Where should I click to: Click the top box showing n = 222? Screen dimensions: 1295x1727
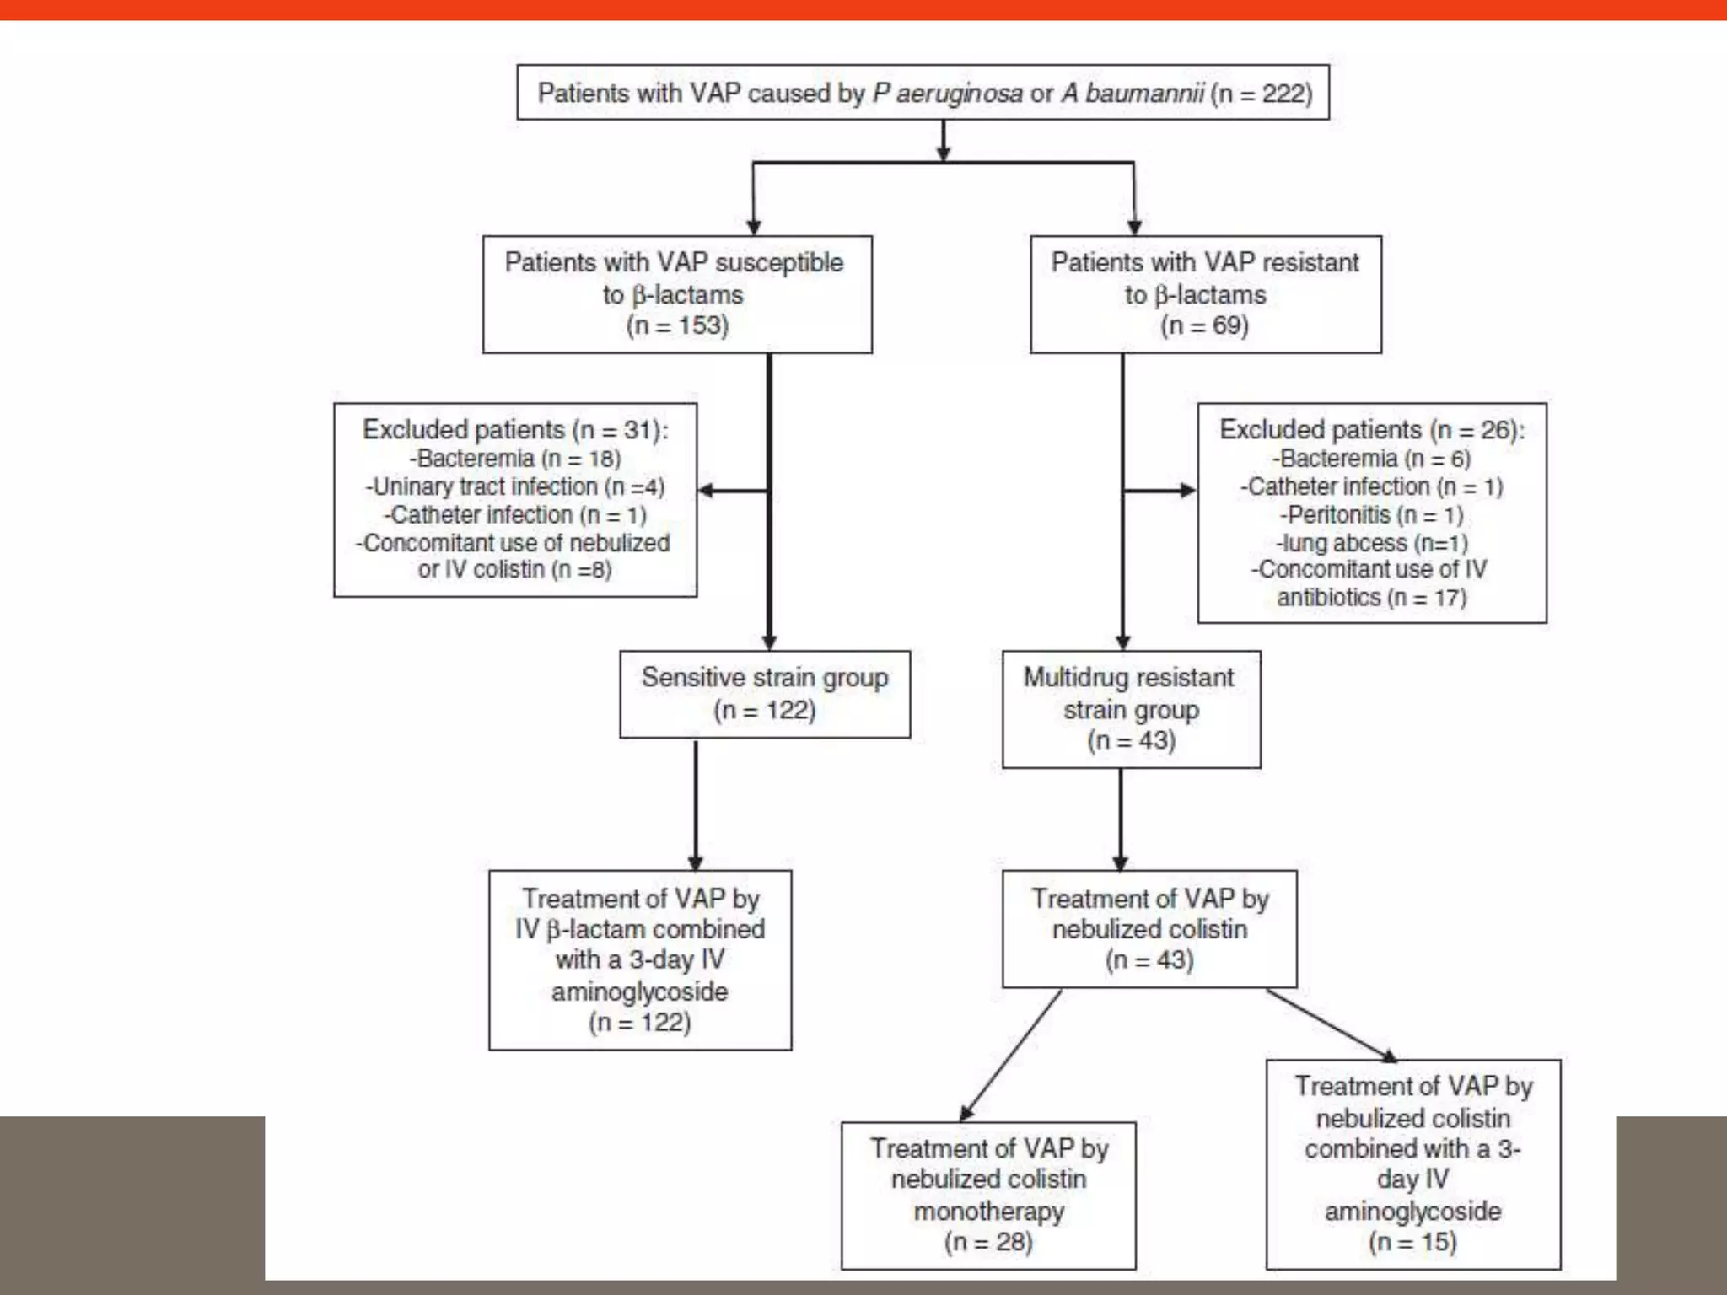923,93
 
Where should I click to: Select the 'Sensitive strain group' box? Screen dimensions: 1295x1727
765,694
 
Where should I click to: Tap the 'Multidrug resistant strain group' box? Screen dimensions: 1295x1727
1131,709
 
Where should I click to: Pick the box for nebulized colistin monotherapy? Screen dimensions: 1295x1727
988,1195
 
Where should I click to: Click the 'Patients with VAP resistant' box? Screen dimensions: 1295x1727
1205,294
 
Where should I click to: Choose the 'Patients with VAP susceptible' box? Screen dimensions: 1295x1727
676,294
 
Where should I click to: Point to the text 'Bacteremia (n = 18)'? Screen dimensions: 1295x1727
515,459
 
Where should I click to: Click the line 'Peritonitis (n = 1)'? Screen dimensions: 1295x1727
1371,514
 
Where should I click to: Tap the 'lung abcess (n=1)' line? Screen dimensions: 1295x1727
1371,542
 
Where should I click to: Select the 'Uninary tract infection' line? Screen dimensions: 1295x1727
515,486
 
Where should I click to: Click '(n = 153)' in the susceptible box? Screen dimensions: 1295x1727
677,325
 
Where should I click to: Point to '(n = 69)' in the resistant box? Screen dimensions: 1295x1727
1204,325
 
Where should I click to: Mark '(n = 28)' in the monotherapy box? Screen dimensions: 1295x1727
988,1241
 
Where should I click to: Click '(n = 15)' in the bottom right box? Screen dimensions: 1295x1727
1412,1241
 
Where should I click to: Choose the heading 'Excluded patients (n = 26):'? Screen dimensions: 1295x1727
1372,430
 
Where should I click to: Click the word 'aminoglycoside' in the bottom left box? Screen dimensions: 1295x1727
639,991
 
